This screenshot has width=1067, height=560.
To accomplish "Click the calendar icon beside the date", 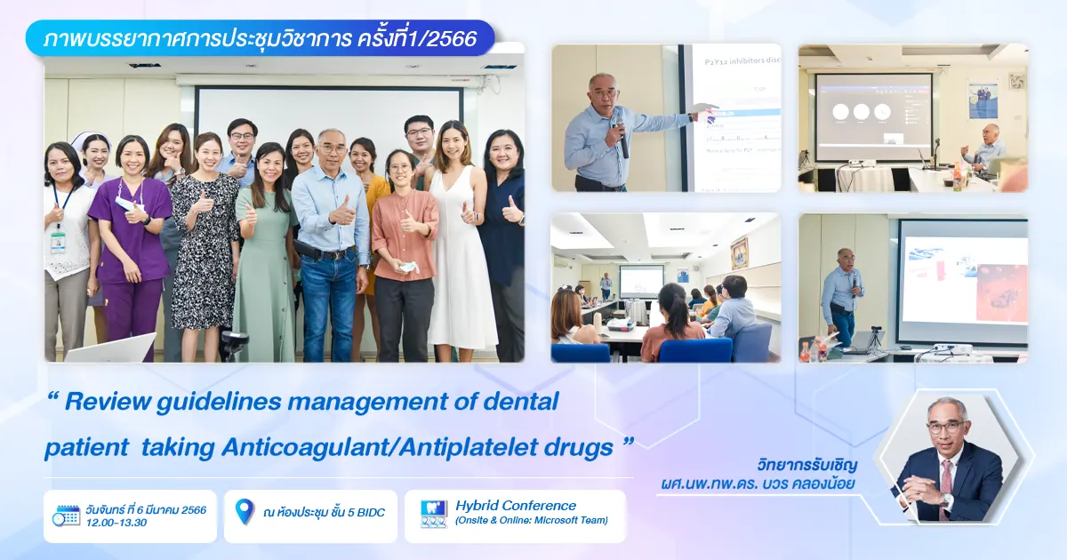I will coord(66,516).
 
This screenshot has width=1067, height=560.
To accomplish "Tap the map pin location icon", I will coord(244,511).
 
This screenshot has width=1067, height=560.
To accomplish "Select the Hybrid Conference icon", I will coord(433,515).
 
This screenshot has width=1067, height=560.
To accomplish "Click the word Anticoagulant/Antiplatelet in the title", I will coord(402,447).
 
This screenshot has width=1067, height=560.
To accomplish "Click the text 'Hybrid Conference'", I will coord(516,506).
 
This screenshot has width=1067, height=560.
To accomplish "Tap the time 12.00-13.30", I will coord(116,523).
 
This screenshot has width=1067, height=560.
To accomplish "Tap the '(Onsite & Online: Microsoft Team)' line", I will coord(532,521).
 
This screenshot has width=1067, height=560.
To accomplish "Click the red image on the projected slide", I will coord(1001,293).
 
